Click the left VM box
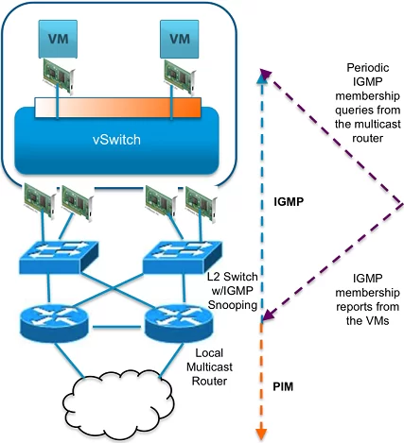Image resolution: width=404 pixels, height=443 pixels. [58, 39]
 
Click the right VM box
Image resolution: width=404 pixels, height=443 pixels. [180, 39]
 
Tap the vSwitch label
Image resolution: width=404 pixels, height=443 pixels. [116, 140]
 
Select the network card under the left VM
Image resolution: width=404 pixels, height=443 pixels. [59, 76]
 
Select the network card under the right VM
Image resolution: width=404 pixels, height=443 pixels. [180, 77]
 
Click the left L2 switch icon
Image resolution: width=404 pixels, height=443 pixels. [59, 257]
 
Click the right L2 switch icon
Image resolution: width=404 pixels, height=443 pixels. [183, 257]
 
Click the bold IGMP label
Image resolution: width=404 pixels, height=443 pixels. [289, 201]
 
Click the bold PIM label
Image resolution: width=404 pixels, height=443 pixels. [283, 386]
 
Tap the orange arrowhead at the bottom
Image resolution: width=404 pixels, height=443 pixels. [261, 434]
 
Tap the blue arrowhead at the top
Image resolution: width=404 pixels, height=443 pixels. [261, 78]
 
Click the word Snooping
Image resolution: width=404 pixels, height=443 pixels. [233, 305]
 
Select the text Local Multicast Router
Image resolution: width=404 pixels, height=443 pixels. [209, 366]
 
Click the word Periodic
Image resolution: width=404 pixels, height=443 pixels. [368, 68]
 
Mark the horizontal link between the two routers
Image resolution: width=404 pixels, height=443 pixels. [116, 328]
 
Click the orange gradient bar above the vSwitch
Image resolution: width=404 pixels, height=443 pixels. [117, 108]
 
